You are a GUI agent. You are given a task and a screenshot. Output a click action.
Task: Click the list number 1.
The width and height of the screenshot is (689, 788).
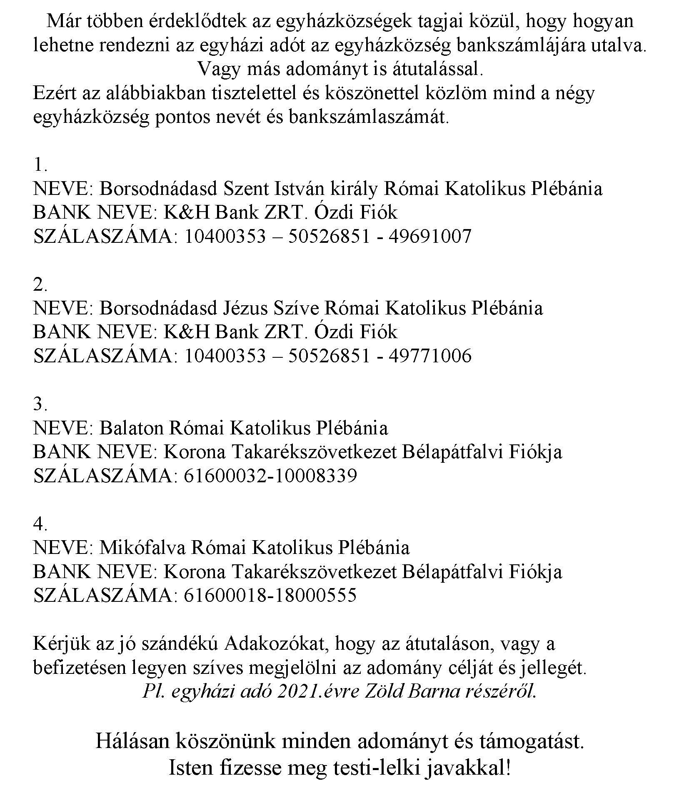[40, 165]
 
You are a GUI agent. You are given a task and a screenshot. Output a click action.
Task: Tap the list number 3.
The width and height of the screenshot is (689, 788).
[40, 404]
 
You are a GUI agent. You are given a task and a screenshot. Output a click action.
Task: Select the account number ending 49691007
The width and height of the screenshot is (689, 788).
[430, 237]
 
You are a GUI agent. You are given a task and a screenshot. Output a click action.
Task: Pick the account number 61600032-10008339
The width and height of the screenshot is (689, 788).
[270, 476]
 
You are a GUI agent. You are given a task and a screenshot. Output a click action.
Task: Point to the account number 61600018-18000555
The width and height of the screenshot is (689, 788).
[270, 595]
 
